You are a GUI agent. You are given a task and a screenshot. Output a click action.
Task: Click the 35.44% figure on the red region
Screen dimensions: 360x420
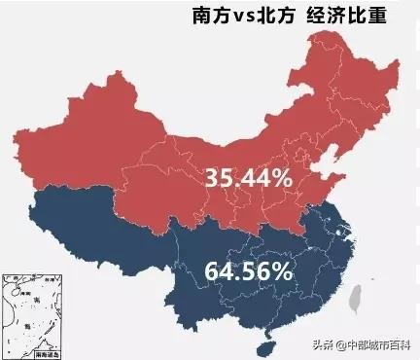(248, 177)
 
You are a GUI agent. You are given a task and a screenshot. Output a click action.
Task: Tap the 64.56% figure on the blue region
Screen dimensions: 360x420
(248, 270)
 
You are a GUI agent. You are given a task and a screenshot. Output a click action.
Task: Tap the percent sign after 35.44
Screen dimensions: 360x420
(282, 177)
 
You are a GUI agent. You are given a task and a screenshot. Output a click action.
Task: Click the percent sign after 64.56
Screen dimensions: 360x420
(283, 270)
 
